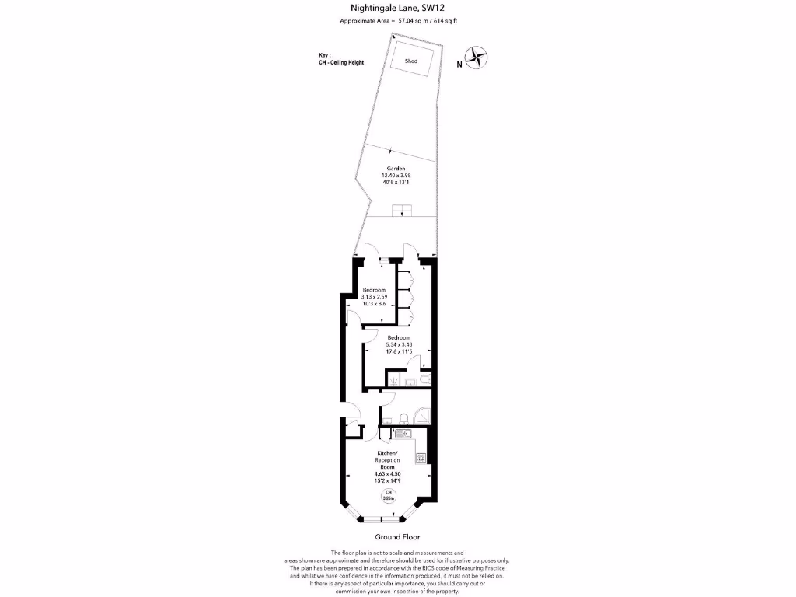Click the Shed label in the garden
point(411,61)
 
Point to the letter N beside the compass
point(459,65)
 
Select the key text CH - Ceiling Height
point(340,62)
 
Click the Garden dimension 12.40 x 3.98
point(396,176)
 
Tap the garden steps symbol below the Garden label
point(401,209)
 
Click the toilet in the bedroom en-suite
point(424,379)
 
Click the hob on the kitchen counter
point(421,458)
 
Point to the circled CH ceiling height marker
point(386,495)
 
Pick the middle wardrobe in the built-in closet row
point(404,298)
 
